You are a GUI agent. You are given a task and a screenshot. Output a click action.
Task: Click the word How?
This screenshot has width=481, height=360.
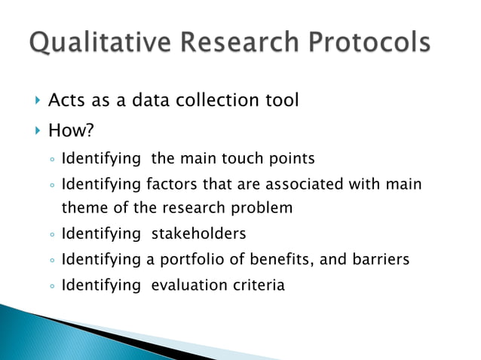71,131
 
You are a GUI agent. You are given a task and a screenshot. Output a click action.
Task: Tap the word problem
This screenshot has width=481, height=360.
267,208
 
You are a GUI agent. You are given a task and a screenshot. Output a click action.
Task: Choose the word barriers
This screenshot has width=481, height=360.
379,260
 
